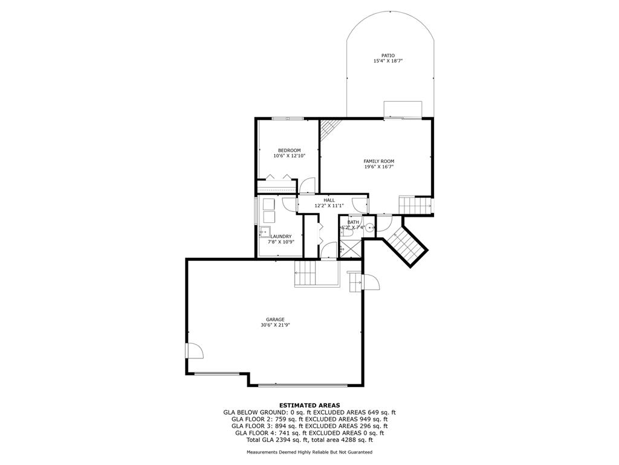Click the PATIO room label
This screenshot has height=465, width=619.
point(387,56)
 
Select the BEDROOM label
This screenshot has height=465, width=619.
point(290,150)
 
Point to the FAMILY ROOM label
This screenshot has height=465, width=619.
point(379,161)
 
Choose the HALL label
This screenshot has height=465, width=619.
point(329,200)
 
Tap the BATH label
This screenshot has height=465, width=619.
point(353,222)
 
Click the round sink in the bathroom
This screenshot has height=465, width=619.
point(369,228)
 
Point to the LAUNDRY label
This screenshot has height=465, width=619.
point(281,237)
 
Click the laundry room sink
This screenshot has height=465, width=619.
point(265,232)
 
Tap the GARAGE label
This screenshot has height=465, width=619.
point(275,320)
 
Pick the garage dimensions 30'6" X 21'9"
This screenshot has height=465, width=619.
point(275,325)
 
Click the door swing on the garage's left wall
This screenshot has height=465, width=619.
point(195,351)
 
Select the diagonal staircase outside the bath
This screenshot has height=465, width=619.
point(406,243)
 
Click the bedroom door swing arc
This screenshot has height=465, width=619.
point(307,186)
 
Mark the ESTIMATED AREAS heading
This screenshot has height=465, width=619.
point(309,405)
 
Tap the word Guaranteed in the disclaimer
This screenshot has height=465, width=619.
point(360,452)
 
